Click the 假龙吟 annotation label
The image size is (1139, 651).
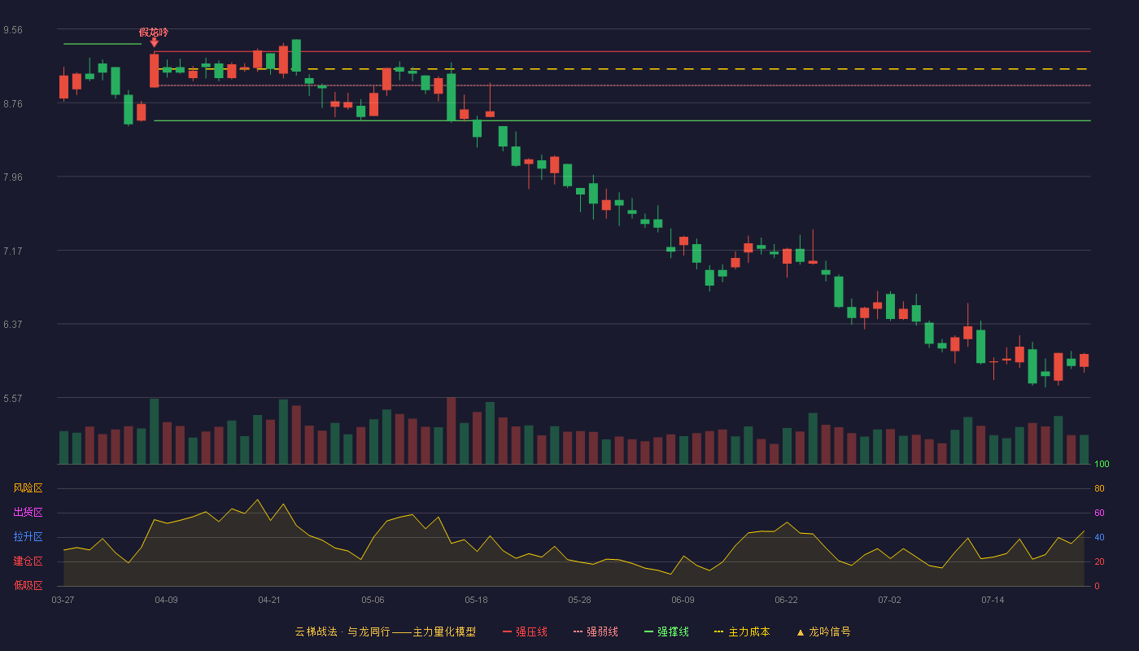click(x=154, y=33)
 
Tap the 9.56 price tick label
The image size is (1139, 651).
click(x=13, y=30)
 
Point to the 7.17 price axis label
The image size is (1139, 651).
click(x=13, y=251)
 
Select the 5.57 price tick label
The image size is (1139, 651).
click(x=13, y=399)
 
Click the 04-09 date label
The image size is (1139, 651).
click(x=166, y=601)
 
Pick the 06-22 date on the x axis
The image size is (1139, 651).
click(x=786, y=601)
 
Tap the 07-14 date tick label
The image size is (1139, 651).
click(x=993, y=601)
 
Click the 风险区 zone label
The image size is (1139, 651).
click(x=28, y=488)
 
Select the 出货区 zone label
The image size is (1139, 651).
click(x=28, y=512)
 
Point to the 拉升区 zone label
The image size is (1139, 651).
click(x=28, y=536)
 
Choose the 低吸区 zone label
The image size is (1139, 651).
click(x=28, y=585)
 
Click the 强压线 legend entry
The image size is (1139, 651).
click(x=525, y=631)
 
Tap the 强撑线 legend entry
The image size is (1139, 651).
click(x=666, y=631)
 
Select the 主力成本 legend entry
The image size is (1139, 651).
click(x=742, y=631)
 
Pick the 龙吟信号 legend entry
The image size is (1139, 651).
click(x=823, y=631)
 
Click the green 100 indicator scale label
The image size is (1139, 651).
click(x=1102, y=464)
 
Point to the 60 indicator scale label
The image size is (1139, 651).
click(x=1099, y=513)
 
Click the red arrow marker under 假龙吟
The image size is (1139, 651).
click(x=154, y=43)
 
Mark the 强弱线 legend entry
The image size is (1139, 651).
click(x=596, y=631)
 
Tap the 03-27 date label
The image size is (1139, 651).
click(x=63, y=601)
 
